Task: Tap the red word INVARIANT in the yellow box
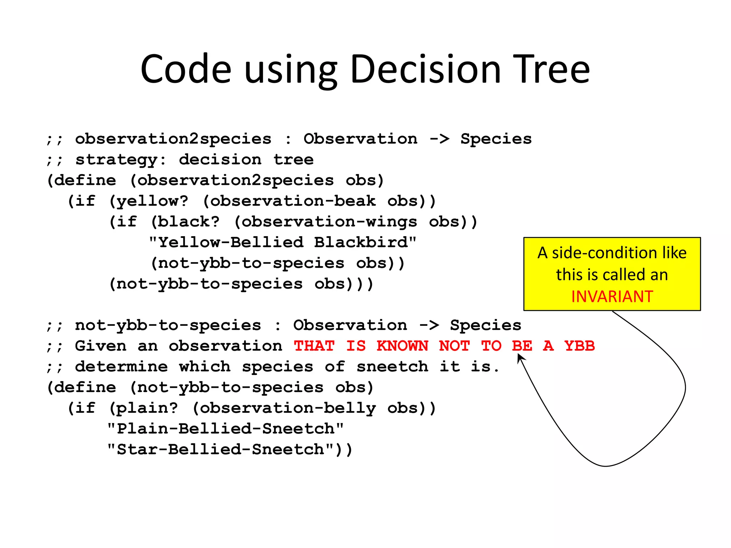click(x=612, y=296)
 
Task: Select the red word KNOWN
click(x=402, y=346)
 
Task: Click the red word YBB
click(x=579, y=346)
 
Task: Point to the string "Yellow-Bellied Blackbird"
click(x=282, y=243)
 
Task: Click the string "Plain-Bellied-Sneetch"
click(x=225, y=429)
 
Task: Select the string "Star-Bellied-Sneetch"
click(x=220, y=450)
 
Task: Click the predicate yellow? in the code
click(x=152, y=201)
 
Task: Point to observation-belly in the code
click(x=287, y=408)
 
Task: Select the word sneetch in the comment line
click(x=392, y=367)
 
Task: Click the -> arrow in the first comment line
click(x=439, y=139)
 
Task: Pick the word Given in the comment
click(x=101, y=346)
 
